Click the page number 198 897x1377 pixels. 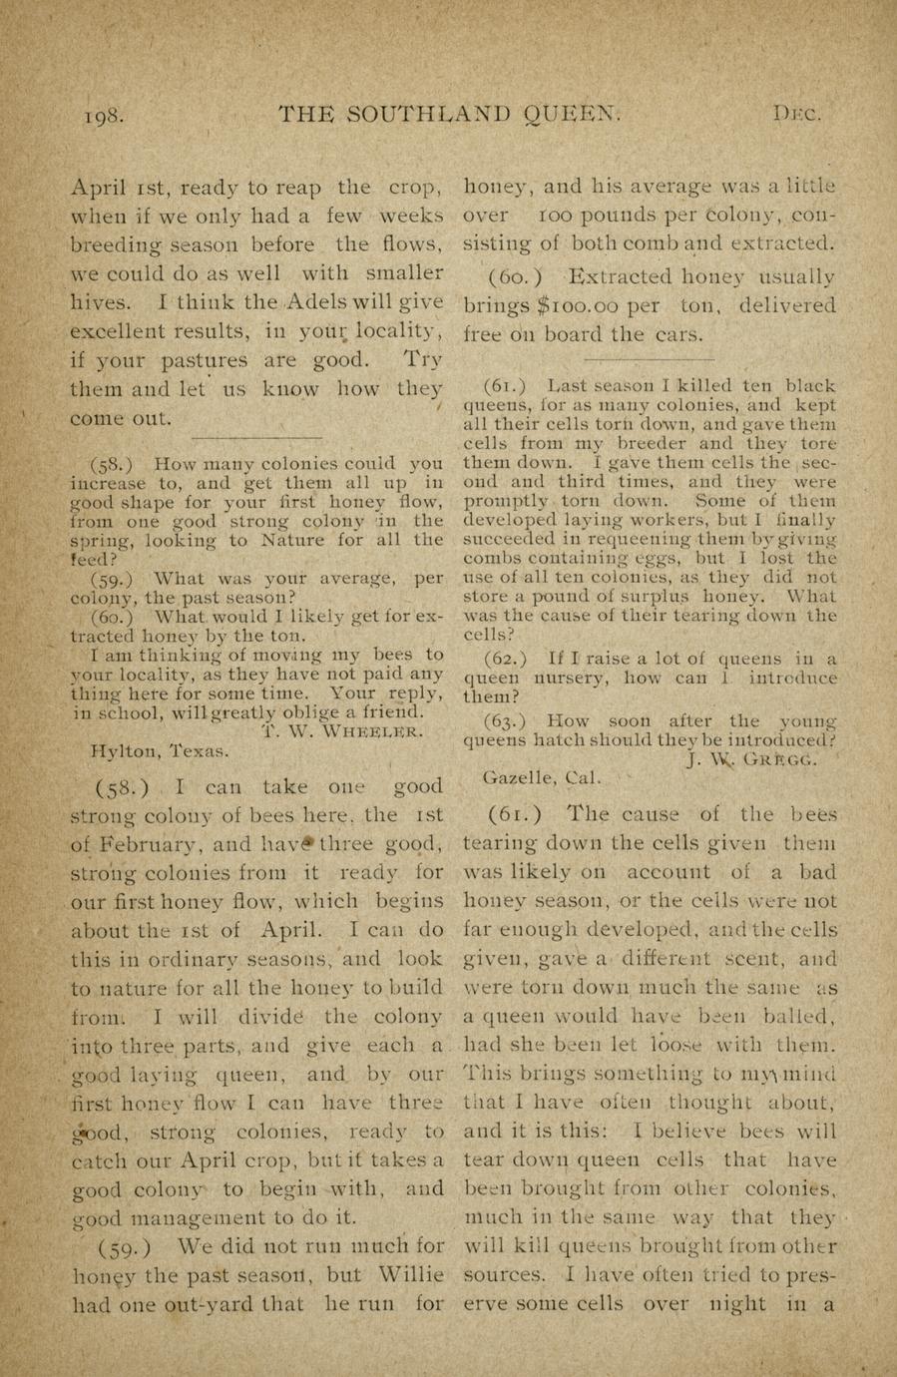click(x=104, y=115)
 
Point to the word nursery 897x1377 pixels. click(x=550, y=679)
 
